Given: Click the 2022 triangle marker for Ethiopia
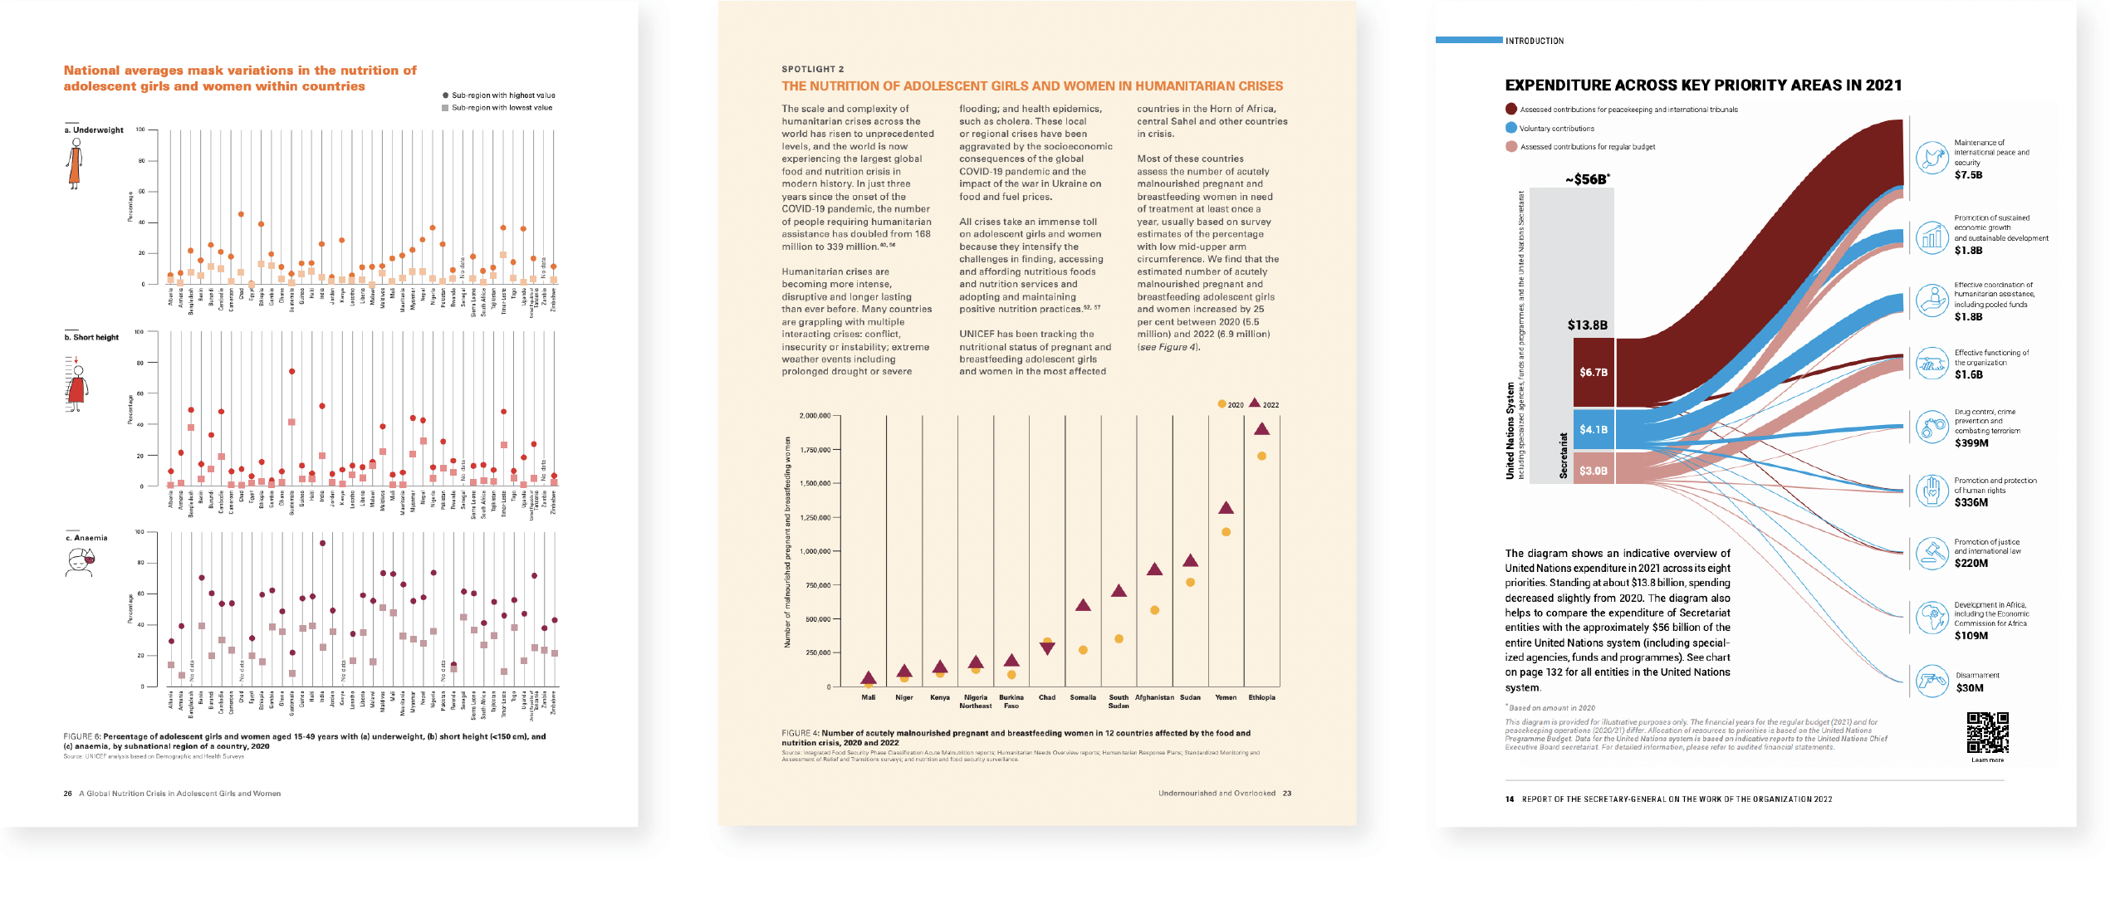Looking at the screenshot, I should (x=1261, y=429).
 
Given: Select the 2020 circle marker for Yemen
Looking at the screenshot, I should (x=1226, y=532).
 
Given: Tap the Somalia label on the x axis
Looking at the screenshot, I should (x=1083, y=697).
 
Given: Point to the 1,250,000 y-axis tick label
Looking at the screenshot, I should (x=814, y=517).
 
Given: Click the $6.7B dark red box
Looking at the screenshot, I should (x=1593, y=372).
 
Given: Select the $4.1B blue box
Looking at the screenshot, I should (x=1593, y=429).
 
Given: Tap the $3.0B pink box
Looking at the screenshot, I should (x=1593, y=471).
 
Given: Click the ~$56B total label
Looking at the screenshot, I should (x=1587, y=179).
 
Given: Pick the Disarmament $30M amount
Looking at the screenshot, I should (x=1970, y=688).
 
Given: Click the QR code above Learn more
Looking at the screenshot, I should (x=1987, y=732).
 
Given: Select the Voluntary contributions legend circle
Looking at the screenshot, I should (x=1511, y=128).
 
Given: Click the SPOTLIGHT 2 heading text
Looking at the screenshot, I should (x=812, y=69).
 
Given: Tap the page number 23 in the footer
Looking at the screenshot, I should (x=1286, y=793).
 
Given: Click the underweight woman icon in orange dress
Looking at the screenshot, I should (x=76, y=164).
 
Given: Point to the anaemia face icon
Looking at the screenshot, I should (x=80, y=562).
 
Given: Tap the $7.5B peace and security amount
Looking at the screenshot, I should (x=1968, y=175).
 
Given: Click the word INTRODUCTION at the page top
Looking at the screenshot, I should (x=1535, y=41).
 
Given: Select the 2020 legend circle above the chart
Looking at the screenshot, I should (x=1222, y=404).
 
